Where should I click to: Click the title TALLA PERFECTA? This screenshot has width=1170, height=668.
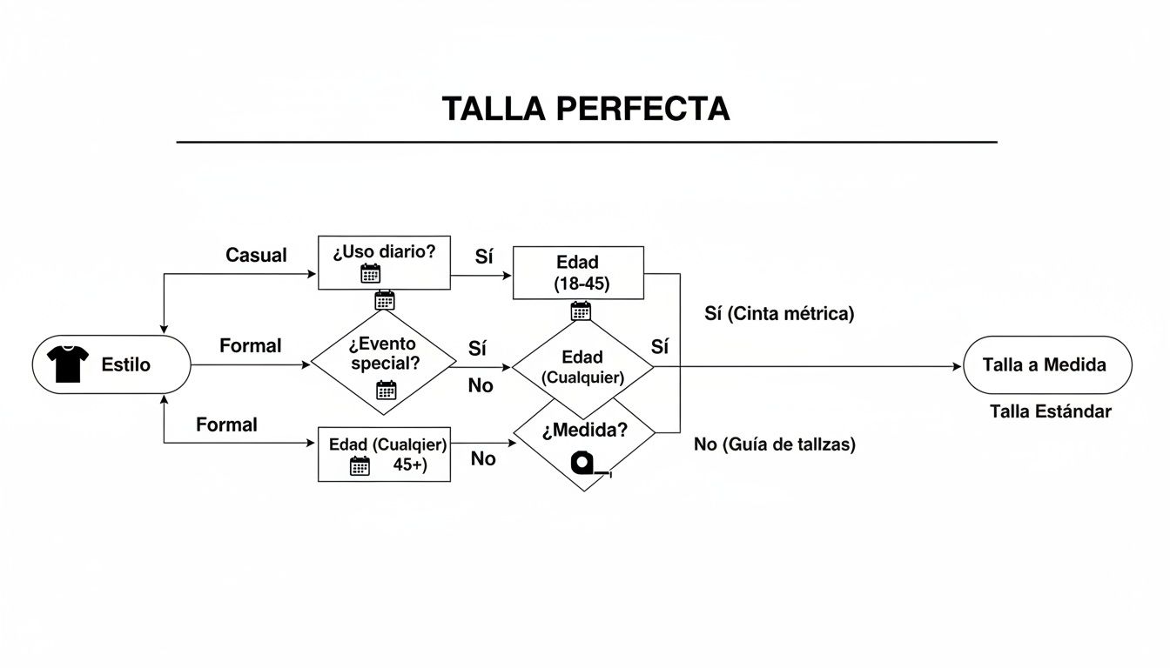pos(585,109)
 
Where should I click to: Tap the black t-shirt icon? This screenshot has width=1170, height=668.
pos(68,364)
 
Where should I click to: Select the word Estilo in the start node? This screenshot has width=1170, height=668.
pos(125,364)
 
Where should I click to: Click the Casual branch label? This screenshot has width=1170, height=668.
pos(256,255)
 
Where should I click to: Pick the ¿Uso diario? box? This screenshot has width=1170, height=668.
pos(384,262)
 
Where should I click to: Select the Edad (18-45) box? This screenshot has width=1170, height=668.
pos(579,272)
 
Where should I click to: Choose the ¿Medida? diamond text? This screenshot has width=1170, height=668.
pos(584,430)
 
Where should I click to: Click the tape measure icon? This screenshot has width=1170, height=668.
pos(587,463)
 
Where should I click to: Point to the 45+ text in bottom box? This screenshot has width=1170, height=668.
pos(408,464)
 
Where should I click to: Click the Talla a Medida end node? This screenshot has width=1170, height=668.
pos(1047,365)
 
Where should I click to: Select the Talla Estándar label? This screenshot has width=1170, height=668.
pos(1050,411)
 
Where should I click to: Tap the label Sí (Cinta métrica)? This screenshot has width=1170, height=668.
pos(779,314)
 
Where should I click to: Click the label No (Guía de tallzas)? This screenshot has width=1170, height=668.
pos(775,444)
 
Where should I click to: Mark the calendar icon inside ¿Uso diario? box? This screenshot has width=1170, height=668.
pos(371,274)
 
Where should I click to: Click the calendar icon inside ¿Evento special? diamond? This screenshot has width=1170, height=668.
pos(386,390)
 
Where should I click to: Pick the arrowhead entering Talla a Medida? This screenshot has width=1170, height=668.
pos(958,366)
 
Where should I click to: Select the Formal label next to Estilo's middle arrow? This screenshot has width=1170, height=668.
pos(250,345)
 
